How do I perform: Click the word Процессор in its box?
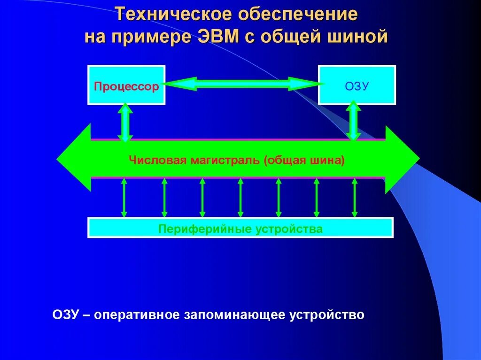coord(126,87)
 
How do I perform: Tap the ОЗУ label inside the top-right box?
coord(357,86)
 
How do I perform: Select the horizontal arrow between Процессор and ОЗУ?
coord(242,84)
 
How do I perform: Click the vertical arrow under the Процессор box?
coord(125,123)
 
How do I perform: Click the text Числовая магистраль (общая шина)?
coord(237,160)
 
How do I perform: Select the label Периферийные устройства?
coord(240,229)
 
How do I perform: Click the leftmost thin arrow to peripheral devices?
coord(124,197)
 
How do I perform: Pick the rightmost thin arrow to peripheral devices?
coord(355,197)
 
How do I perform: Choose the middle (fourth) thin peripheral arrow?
coord(240,197)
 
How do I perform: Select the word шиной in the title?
coord(361,37)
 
